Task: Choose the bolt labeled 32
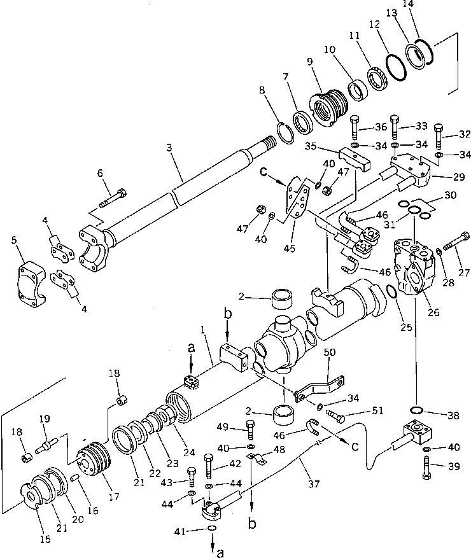click(439, 133)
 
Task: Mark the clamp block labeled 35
click(355, 158)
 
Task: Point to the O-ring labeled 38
click(418, 409)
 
